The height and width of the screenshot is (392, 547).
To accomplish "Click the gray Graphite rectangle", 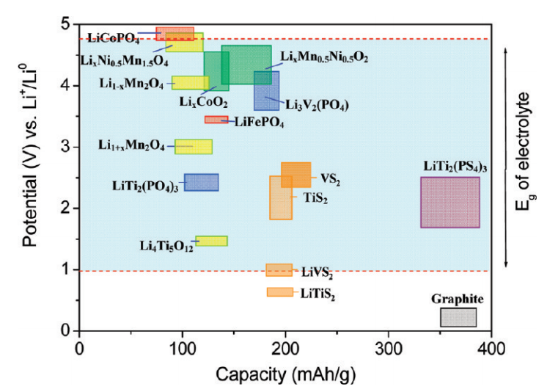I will (x=458, y=317).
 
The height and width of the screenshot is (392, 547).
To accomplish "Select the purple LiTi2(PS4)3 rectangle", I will (x=449, y=202).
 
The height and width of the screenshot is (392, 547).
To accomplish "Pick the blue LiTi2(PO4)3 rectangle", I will (x=201, y=182).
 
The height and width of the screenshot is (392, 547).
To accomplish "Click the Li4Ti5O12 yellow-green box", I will (x=211, y=241).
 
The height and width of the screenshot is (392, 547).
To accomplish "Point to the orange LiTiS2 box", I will (x=279, y=291).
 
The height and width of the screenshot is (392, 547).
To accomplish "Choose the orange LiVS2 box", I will (x=279, y=269).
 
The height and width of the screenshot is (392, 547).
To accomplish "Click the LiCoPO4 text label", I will (x=114, y=37).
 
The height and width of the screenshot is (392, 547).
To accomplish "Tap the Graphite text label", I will (x=458, y=300).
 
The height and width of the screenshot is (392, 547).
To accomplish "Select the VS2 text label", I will (x=330, y=178).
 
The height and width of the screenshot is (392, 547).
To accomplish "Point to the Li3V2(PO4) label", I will (x=316, y=105).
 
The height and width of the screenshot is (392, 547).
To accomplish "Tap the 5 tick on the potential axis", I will (x=65, y=24).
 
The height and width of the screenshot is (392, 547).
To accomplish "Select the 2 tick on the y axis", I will (x=65, y=208).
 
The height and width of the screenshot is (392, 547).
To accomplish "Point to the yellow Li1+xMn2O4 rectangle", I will (x=194, y=146).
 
